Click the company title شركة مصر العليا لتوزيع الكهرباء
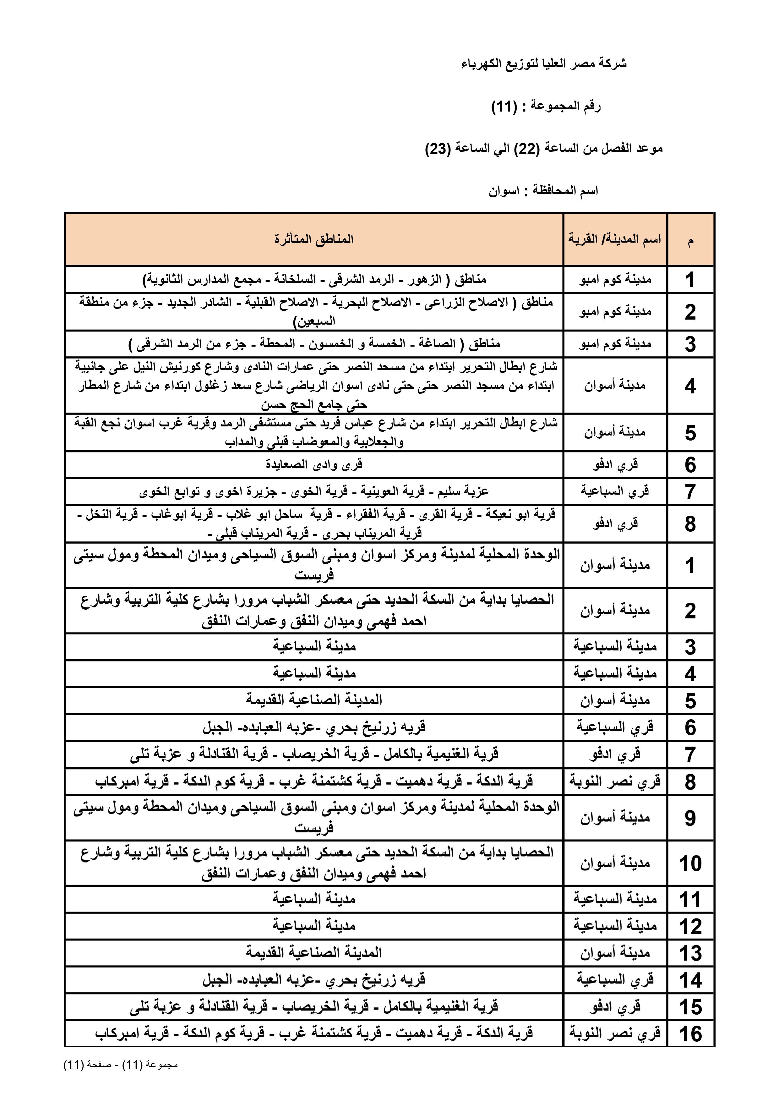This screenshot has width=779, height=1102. click(544, 64)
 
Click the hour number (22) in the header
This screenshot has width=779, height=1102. click(527, 149)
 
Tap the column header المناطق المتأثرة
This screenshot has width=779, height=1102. click(314, 239)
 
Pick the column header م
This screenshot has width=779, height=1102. click(690, 240)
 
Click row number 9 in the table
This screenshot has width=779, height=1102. click(690, 818)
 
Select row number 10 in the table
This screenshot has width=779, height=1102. click(690, 864)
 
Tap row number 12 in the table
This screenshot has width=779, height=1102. click(690, 926)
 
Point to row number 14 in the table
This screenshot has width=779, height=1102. click(690, 980)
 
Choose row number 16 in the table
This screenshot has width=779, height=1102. click(690, 1034)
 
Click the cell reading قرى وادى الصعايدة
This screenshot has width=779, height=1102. click(314, 465)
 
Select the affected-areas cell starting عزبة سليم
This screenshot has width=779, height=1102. click(314, 491)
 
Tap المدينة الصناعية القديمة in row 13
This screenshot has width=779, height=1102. click(314, 953)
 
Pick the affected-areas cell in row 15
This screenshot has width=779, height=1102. click(314, 1006)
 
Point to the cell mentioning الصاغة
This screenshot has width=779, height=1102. click(314, 344)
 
